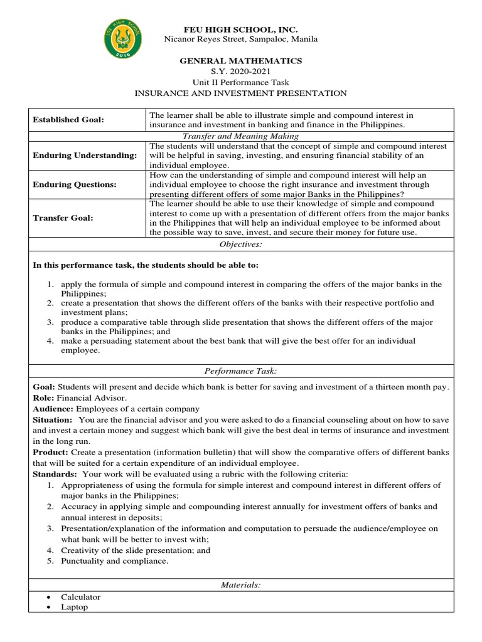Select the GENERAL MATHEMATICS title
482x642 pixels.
[x=241, y=61]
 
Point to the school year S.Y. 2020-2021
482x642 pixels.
[x=241, y=71]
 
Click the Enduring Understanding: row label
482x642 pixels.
[x=84, y=155]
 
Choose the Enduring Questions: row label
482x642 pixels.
[x=75, y=185]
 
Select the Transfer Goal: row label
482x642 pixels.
[x=63, y=218]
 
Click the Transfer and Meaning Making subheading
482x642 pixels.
[x=240, y=136]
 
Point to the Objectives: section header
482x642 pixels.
[x=240, y=245]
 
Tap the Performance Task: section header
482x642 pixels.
[x=240, y=372]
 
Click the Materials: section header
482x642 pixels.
[x=240, y=585]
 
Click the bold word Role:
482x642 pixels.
[x=43, y=398]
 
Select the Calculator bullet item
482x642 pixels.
[x=80, y=597]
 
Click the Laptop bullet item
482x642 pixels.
[x=74, y=607]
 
